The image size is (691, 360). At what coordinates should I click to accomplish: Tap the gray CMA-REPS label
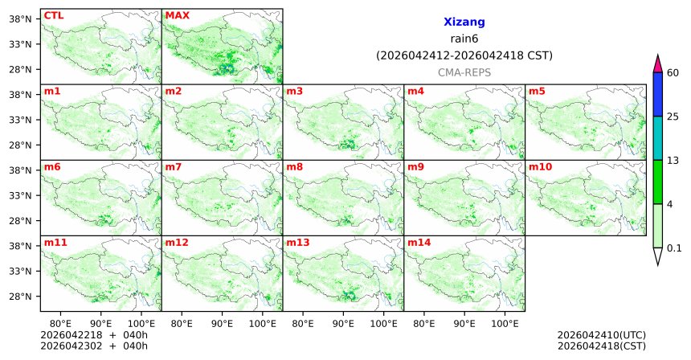pos(464,72)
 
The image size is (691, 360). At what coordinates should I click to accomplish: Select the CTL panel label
pos(54,15)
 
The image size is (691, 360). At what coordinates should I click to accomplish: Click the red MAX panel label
pos(177,15)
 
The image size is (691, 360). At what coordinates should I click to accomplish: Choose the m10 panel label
pos(540,166)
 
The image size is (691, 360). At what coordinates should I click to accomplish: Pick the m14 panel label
pos(419,242)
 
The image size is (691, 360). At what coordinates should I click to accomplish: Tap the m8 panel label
pos(294,166)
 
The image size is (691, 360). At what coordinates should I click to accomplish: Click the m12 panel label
pos(176,242)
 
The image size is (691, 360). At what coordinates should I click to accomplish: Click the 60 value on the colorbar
pos(673,73)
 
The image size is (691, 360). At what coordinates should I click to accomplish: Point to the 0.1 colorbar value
pos(674,247)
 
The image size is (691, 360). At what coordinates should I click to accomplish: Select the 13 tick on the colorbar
pos(673,161)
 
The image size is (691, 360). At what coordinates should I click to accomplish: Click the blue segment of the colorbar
pos(658,94)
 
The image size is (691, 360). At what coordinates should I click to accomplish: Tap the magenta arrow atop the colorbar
pos(658,63)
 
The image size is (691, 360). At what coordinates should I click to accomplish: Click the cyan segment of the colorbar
pos(658,138)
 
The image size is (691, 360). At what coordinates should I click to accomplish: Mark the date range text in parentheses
pos(464,55)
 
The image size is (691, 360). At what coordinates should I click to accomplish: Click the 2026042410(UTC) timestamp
pos(601,335)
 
